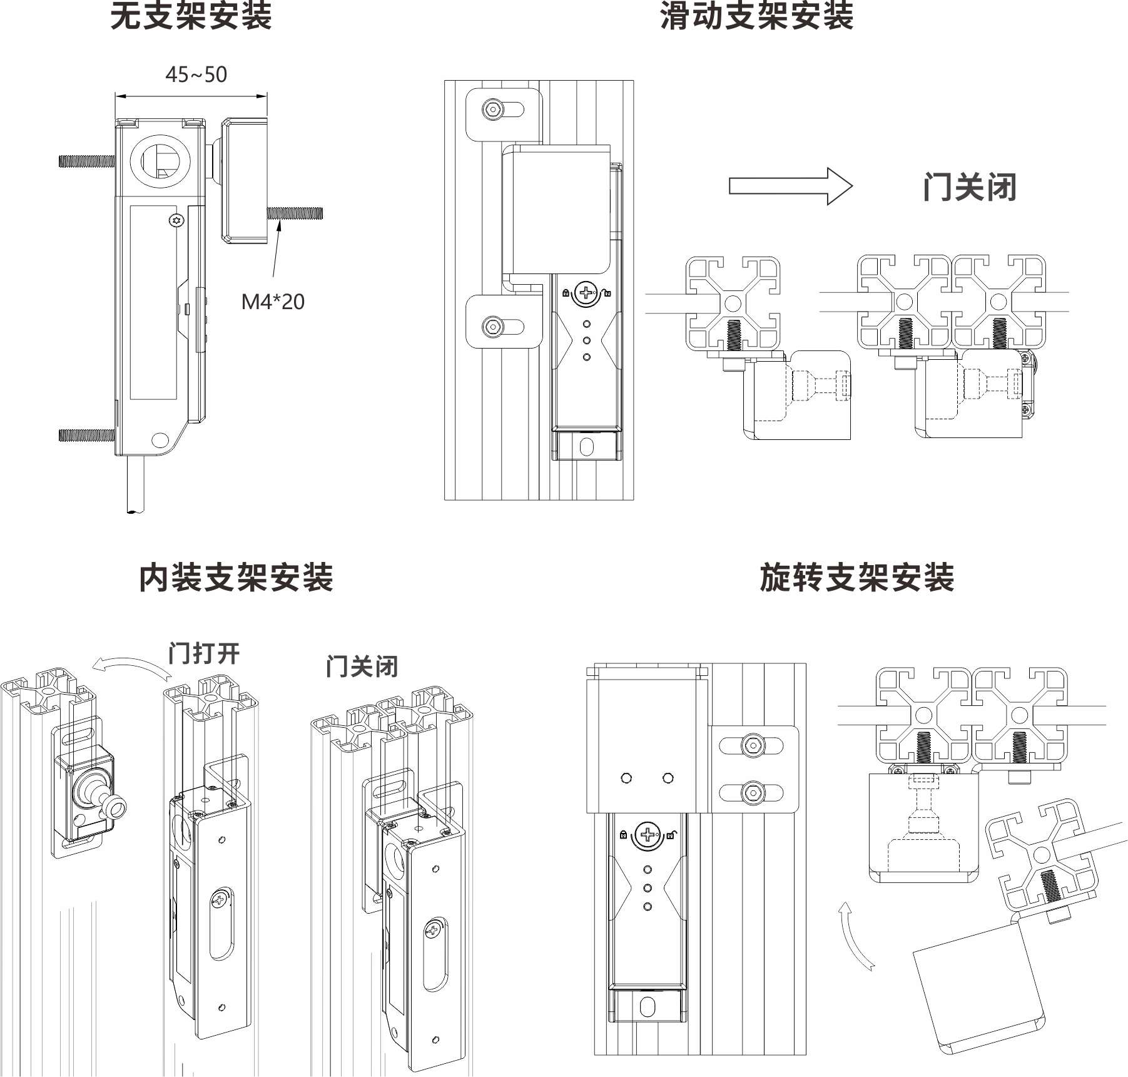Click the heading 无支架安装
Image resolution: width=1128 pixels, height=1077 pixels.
[191, 17]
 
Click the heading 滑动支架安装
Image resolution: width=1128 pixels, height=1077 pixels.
[757, 17]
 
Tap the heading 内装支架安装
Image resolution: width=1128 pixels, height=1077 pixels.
[236, 577]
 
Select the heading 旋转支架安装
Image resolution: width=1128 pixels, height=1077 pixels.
[856, 577]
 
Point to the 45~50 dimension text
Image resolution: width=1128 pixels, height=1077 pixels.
[196, 74]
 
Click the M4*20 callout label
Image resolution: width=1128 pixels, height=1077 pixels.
[273, 302]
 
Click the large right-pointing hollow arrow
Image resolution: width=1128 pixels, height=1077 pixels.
[790, 186]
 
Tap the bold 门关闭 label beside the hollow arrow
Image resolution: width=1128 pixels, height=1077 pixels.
[969, 187]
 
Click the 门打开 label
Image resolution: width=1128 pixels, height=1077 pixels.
[204, 653]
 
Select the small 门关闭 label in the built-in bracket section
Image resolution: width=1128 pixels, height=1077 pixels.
[362, 666]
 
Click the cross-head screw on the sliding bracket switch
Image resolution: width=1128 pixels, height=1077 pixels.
[587, 292]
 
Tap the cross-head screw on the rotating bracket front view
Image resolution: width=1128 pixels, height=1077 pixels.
[648, 834]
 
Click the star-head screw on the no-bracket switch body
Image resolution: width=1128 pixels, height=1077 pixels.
[177, 220]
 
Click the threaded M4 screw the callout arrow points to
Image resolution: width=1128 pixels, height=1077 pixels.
[295, 213]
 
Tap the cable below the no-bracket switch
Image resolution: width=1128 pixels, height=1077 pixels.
[136, 485]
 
